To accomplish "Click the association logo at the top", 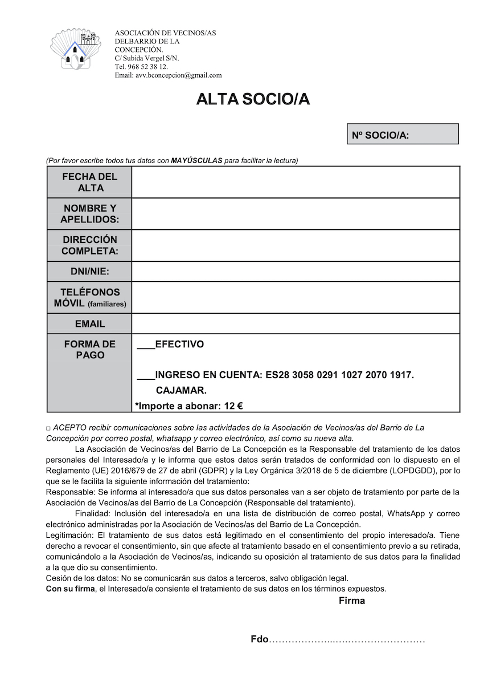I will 76,50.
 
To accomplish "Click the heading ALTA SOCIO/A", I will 252,99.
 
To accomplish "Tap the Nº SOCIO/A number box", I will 403,135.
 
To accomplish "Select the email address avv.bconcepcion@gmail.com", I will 178,75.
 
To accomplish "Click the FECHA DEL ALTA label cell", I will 89,183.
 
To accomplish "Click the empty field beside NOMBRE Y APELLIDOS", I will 296,214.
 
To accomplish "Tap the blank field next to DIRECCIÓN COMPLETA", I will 296,245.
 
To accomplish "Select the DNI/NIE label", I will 89,271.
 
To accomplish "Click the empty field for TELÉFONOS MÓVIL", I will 296,297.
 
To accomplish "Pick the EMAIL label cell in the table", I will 89,324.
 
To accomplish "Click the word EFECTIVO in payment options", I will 179,344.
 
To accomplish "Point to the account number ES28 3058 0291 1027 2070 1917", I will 339,375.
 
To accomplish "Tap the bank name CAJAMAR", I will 181,391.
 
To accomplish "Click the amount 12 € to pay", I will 233,407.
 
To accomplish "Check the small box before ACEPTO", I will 48,428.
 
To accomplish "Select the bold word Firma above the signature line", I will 352,601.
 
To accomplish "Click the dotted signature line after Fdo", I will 347,641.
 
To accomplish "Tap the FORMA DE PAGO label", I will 89,350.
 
